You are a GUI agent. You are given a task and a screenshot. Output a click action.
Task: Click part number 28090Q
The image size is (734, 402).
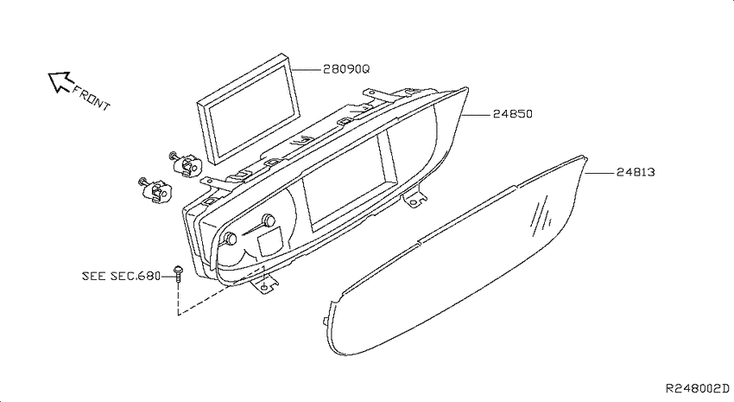click(x=346, y=69)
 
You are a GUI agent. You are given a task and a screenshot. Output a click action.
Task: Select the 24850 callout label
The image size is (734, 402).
click(x=513, y=114)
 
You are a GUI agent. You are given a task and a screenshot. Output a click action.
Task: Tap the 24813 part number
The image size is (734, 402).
click(x=636, y=172)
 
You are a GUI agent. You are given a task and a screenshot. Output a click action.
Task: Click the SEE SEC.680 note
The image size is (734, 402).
click(x=121, y=276)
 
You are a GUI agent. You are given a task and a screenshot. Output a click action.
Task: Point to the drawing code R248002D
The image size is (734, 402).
click(x=698, y=388)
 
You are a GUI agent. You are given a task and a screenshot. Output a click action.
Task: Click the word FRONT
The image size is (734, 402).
click(x=91, y=99)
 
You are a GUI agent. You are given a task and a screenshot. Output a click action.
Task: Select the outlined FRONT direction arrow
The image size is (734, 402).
click(x=59, y=81)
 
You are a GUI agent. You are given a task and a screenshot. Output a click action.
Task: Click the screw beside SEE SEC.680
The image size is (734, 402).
click(x=178, y=273)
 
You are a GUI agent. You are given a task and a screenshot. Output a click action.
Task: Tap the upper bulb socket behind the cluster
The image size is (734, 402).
click(x=185, y=163)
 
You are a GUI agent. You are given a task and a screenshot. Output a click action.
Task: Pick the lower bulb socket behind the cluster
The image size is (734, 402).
click(x=155, y=190)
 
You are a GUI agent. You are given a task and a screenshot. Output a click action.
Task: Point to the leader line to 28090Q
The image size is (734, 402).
click(x=306, y=69)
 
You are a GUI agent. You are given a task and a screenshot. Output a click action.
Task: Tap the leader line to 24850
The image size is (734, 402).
click(x=477, y=114)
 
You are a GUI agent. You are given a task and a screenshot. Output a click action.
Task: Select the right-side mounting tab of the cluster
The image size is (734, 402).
click(x=414, y=199)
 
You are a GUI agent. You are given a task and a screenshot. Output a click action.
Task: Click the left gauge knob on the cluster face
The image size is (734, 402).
click(x=231, y=239)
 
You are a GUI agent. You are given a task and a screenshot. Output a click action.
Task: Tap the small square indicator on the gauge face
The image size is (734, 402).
click(x=270, y=241)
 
